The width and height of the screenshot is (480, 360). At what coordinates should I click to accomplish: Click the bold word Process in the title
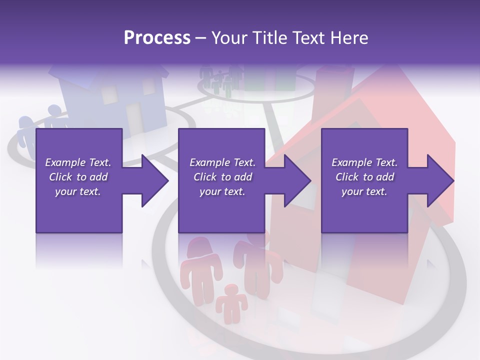coord(157,37)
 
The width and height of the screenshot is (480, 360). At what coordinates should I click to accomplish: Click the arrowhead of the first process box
coord(155,180)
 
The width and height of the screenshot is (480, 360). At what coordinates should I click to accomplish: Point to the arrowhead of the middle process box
coord(298,180)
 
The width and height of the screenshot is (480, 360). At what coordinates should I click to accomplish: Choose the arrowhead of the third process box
coord(440,180)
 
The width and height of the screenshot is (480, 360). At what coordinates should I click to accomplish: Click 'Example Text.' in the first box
coord(78,162)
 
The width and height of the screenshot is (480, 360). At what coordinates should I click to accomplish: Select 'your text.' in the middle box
coord(222,191)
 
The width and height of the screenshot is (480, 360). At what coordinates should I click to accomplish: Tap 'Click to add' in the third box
coord(364,177)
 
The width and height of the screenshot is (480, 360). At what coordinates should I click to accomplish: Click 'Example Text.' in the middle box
coord(222,162)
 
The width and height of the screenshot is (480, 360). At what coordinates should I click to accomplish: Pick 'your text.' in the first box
coord(78,191)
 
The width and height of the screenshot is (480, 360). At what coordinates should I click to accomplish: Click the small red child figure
coord(231,302)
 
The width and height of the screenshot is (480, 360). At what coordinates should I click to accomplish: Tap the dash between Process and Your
coord(200,38)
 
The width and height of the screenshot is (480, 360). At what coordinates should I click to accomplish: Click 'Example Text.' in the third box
coord(364,162)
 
